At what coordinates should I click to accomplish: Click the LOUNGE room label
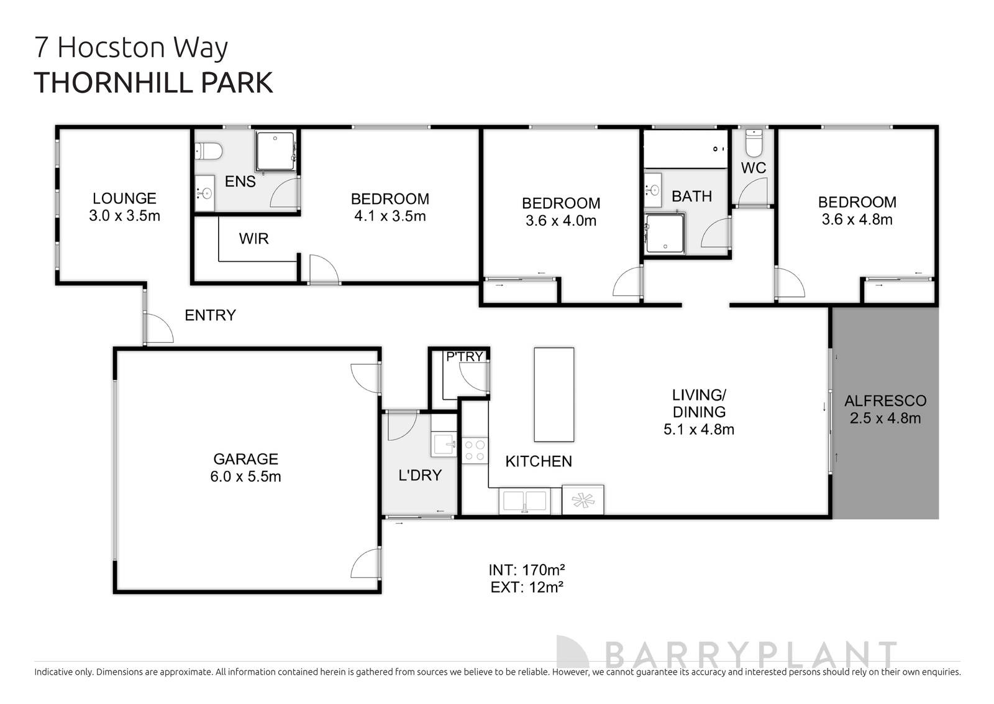pos(124,198)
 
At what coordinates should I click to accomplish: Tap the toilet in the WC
pos(753,143)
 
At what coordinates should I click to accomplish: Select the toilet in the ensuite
pos(209,151)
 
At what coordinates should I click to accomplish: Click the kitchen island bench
pos(554,394)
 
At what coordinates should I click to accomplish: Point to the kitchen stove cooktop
pos(475,450)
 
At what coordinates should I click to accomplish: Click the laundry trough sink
pos(444,444)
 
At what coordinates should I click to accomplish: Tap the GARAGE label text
pos(245,459)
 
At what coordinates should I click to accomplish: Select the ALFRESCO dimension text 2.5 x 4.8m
pos(885,418)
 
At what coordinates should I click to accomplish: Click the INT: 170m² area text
pos(526,570)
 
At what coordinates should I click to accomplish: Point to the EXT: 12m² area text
pos(526,586)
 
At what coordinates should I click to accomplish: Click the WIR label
pos(253,238)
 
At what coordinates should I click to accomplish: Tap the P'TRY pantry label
pos(464,356)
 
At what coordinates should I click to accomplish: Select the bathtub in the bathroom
pos(685,149)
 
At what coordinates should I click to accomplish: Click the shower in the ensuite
pos(275,151)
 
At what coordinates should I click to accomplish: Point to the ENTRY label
pos(210,315)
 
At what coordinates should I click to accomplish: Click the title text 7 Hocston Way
pos(131,48)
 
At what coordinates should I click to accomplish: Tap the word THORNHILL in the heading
pos(111,83)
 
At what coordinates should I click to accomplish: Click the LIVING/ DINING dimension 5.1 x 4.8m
pos(698,429)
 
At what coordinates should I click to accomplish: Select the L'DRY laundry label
pos(419,475)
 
